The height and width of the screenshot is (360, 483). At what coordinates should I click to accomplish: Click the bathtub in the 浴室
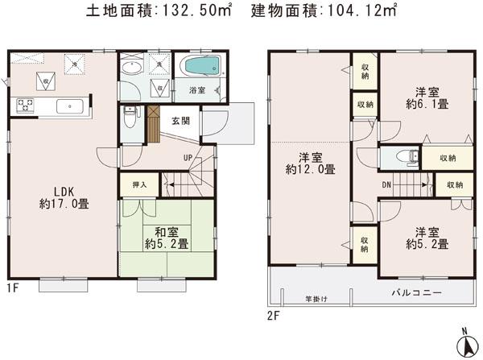(200, 68)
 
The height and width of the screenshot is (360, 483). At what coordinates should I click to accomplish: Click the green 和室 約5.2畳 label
(166, 236)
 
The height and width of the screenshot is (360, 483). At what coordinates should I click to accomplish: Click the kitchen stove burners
(24, 105)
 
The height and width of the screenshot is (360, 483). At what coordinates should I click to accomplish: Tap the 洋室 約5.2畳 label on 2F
(427, 237)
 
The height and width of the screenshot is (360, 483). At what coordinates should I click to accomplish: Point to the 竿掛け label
(316, 300)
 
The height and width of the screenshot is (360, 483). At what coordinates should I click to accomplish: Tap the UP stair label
(188, 157)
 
